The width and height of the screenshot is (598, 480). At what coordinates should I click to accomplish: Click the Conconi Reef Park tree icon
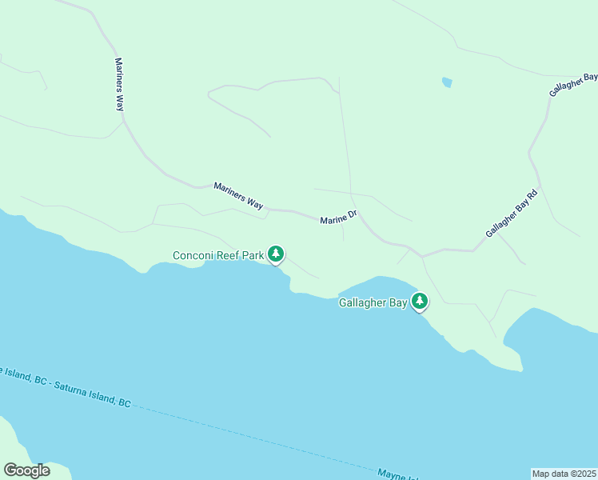click(276, 254)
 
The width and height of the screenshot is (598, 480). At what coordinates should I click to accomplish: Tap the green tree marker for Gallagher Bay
click(420, 302)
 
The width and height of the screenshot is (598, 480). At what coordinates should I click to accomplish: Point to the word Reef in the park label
click(229, 256)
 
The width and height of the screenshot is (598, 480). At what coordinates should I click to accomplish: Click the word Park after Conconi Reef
click(254, 256)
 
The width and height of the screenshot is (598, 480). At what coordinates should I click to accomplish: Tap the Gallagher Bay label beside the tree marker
click(373, 303)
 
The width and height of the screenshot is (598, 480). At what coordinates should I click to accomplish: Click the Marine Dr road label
click(337, 218)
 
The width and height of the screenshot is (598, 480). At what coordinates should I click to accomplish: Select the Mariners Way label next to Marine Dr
click(238, 196)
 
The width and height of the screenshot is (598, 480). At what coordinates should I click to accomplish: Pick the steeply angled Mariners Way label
click(120, 86)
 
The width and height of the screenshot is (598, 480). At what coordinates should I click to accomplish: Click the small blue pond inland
click(447, 82)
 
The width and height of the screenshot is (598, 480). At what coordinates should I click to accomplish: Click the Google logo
click(26, 470)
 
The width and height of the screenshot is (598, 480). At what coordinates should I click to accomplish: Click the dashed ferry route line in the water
click(240, 433)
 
